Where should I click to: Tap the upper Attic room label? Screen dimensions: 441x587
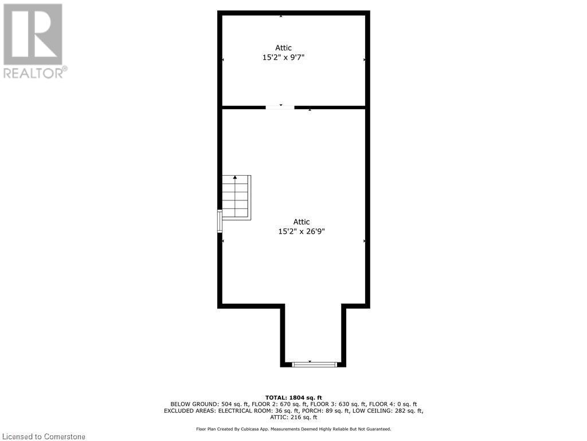point(281,48)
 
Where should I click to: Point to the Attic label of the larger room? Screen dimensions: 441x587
point(302,222)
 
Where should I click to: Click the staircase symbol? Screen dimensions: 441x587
point(236,197)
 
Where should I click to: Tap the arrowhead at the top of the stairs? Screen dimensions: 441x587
point(235,178)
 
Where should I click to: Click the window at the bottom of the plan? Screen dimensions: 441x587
point(314,364)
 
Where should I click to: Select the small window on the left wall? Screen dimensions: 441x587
point(220,221)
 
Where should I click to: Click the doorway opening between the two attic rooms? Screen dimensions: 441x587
point(280,107)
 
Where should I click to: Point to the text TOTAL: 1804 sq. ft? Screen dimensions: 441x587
point(293,397)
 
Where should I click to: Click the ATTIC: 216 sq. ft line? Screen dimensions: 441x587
point(293,417)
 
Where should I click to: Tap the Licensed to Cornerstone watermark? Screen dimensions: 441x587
point(43,436)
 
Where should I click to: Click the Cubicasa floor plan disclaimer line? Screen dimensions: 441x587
point(293,429)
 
